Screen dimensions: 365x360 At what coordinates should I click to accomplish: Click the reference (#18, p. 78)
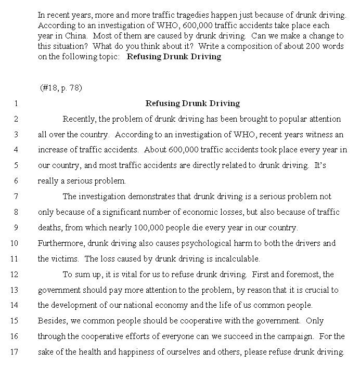(x=61, y=88)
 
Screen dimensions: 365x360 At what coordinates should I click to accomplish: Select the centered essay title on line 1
(x=192, y=103)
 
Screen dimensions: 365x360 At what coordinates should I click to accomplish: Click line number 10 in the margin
(x=14, y=243)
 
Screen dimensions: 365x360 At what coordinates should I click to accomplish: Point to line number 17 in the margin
(x=14, y=352)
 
